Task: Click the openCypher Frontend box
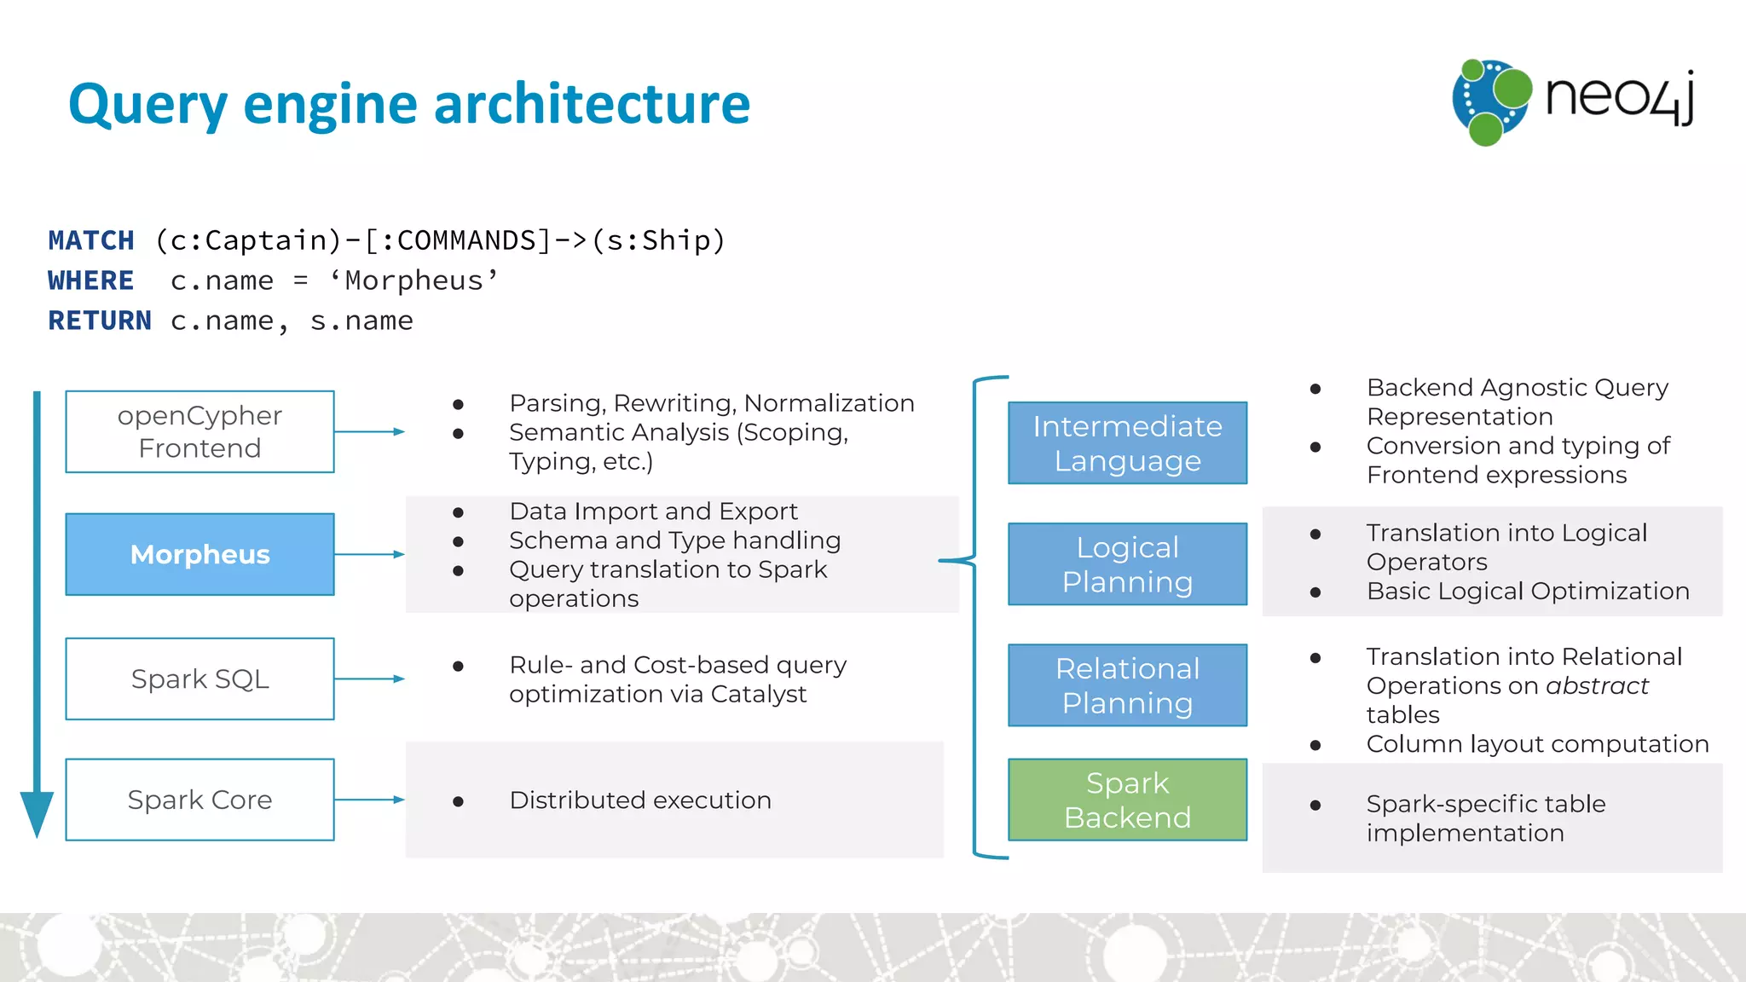pyautogui.click(x=199, y=431)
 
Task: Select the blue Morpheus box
pyautogui.click(x=199, y=554)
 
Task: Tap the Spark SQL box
pyautogui.click(x=199, y=679)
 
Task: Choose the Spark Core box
pyautogui.click(x=199, y=800)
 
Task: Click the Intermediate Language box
pyautogui.click(x=1127, y=443)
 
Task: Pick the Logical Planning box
pyautogui.click(x=1127, y=564)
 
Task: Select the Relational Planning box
pyautogui.click(x=1127, y=685)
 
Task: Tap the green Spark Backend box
pyautogui.click(x=1127, y=800)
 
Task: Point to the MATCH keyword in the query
pyautogui.click(x=91, y=240)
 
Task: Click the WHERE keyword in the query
pyautogui.click(x=91, y=280)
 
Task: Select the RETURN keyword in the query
pyautogui.click(x=100, y=321)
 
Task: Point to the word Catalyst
pyautogui.click(x=758, y=694)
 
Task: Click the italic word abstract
pyautogui.click(x=1597, y=685)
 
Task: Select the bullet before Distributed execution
pyautogui.click(x=459, y=801)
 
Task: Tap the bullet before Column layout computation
pyautogui.click(x=1315, y=745)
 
